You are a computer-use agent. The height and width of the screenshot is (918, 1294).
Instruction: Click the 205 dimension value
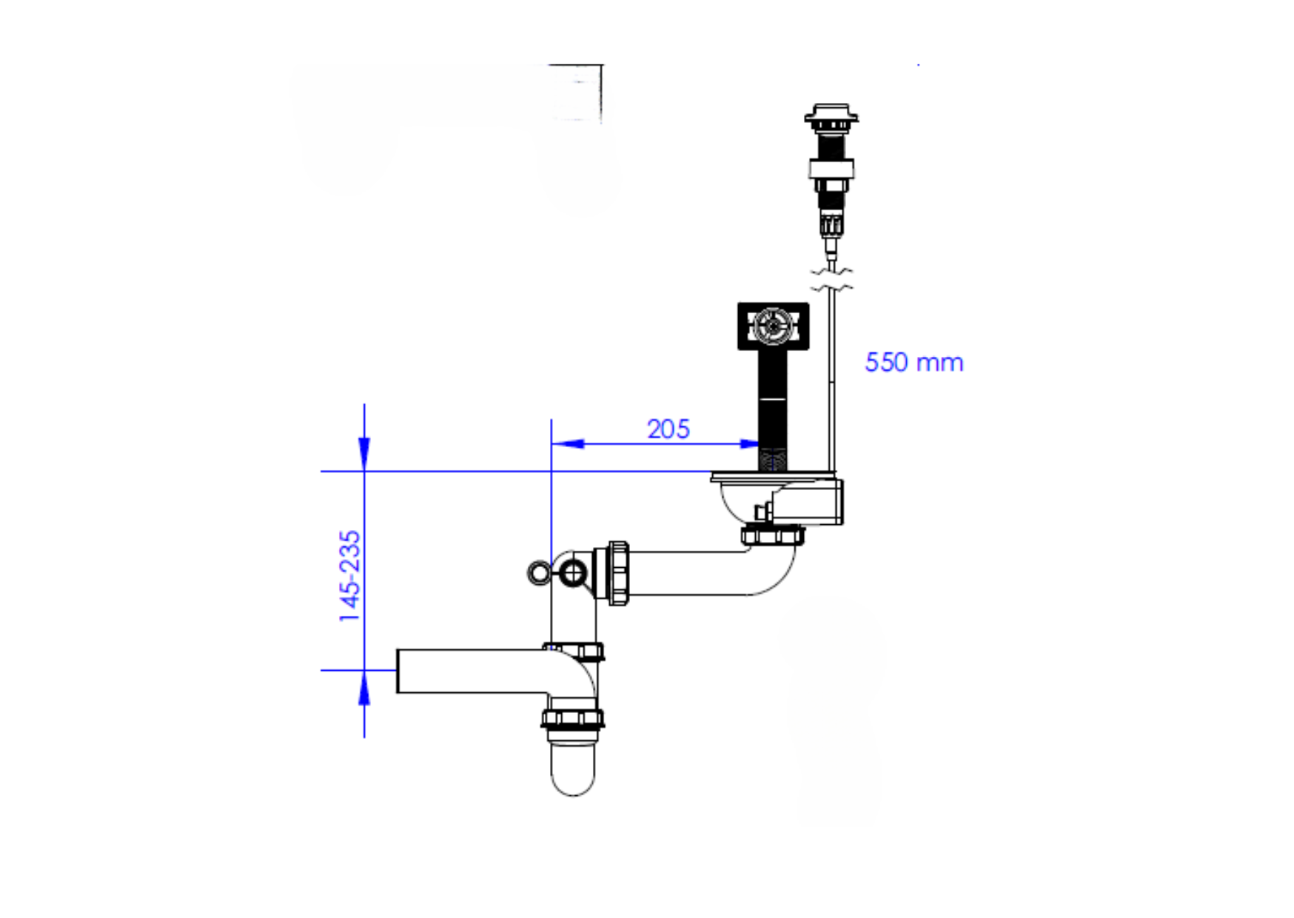point(668,429)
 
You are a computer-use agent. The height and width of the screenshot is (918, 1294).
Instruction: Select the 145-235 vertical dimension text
point(349,575)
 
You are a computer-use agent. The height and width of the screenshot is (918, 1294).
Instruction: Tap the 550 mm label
point(914,362)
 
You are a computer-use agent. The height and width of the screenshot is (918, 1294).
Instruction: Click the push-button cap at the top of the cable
point(831,115)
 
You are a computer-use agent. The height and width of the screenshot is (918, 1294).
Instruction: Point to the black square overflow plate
point(773,326)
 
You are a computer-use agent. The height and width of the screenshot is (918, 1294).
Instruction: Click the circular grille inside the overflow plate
point(773,326)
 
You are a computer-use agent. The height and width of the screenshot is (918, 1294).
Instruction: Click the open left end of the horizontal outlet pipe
point(398,671)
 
